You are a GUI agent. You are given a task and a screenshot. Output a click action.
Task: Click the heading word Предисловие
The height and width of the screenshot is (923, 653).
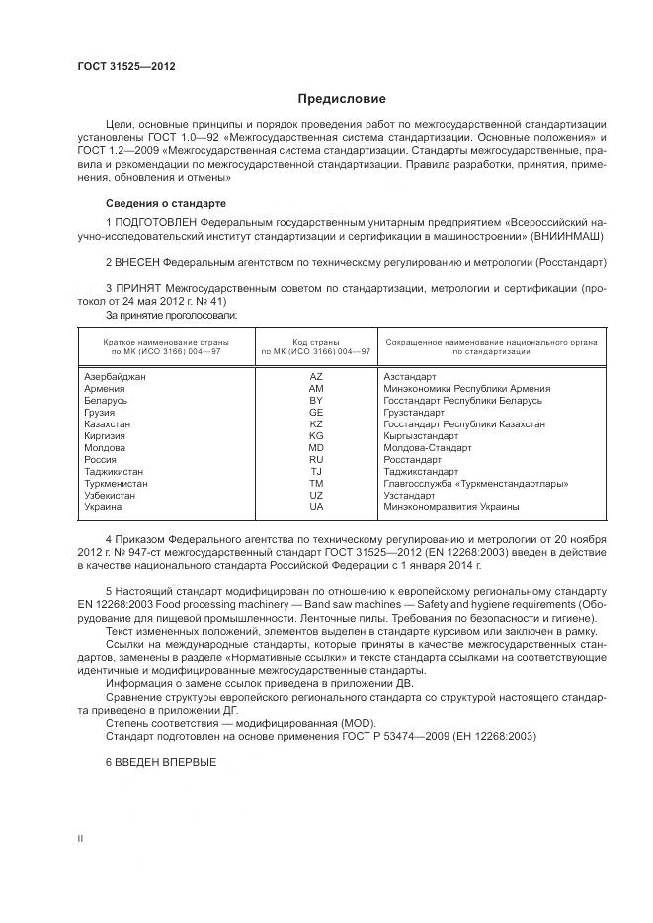[x=343, y=99]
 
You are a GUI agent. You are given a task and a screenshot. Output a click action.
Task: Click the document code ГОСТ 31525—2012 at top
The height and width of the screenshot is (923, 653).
[x=126, y=66]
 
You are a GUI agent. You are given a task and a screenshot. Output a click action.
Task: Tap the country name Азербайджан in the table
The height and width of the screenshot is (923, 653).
[x=115, y=377]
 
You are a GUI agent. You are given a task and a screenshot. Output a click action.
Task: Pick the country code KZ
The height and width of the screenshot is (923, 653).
[x=316, y=423]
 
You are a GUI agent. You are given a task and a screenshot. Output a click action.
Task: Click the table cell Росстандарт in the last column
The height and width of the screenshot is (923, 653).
[x=412, y=459]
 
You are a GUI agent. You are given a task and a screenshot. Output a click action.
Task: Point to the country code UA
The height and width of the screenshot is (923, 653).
[x=316, y=506]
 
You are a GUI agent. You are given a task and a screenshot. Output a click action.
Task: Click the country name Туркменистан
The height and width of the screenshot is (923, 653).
[x=117, y=483]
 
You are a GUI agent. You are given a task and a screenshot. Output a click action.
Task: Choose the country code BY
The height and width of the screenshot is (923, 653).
[x=316, y=401]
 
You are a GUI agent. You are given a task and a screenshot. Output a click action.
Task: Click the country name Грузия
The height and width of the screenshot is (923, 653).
[x=101, y=413]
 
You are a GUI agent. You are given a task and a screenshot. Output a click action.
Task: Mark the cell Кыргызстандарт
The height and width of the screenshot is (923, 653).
[x=421, y=435]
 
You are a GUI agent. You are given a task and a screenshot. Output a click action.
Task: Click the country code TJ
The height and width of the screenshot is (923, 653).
[x=316, y=471]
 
